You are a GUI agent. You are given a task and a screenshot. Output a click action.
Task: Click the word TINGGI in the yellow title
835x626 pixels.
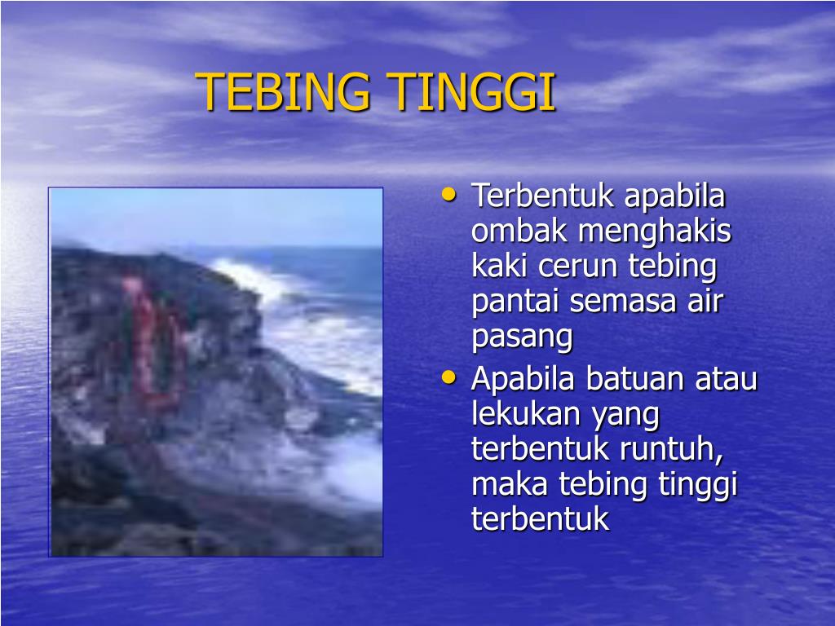pyautogui.click(x=473, y=92)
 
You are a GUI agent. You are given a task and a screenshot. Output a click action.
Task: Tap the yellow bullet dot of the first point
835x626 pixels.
pyautogui.click(x=448, y=195)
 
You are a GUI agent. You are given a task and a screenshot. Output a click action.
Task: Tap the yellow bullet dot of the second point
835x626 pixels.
pyautogui.click(x=448, y=377)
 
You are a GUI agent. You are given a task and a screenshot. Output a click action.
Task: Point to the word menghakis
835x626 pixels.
pyautogui.click(x=655, y=231)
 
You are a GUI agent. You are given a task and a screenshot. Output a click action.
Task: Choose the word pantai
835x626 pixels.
pyautogui.click(x=516, y=302)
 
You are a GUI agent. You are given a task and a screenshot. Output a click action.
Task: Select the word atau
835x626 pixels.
pyautogui.click(x=727, y=380)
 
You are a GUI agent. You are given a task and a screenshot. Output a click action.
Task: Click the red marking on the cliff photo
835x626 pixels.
pyautogui.click(x=151, y=342)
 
